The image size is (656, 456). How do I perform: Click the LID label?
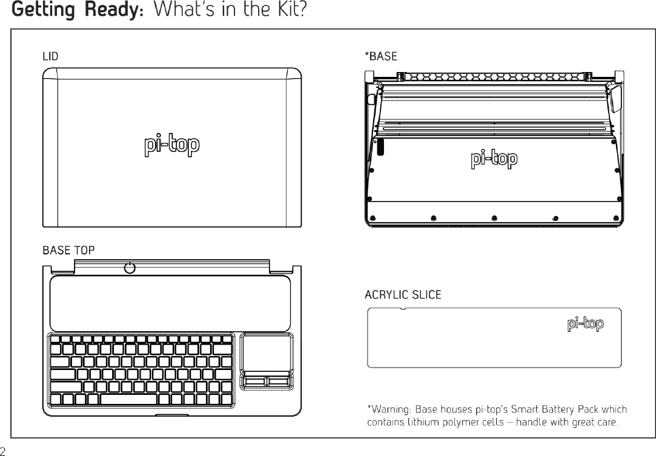(50, 56)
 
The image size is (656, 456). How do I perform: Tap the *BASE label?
(380, 56)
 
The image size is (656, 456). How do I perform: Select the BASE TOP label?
(68, 249)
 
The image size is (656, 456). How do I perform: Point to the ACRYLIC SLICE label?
(402, 295)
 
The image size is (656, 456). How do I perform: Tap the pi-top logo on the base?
(494, 160)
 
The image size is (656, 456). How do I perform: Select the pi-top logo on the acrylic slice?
(585, 325)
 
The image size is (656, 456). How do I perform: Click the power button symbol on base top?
(129, 268)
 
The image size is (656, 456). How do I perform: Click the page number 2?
(3, 450)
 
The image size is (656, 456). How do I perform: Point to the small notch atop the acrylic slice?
(404, 309)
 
